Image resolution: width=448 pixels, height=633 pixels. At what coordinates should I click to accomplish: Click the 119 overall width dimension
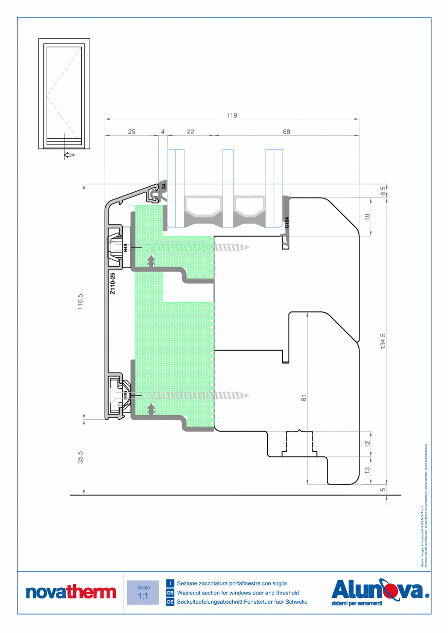point(232,115)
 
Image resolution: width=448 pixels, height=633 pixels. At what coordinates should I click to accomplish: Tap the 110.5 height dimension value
point(81,302)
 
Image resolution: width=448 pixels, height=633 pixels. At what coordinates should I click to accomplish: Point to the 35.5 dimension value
point(81,457)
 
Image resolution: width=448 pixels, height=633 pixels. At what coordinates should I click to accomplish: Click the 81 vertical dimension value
point(303,398)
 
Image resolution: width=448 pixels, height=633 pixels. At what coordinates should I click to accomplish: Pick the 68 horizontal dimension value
point(286,131)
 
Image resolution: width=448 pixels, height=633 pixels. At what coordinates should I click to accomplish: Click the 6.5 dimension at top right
point(383,190)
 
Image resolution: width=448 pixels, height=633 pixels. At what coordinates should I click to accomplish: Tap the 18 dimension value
point(367,217)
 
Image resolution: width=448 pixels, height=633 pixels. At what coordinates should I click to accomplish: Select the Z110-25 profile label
point(112,284)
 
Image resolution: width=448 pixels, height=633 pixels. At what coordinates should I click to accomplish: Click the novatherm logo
point(71,592)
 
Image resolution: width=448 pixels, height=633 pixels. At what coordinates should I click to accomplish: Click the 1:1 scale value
point(143,596)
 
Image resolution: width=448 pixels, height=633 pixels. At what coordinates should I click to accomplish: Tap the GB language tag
point(170,593)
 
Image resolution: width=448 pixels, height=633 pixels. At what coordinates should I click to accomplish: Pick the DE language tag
point(170,602)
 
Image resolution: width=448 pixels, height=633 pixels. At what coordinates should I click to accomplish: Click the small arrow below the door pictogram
point(69,155)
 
